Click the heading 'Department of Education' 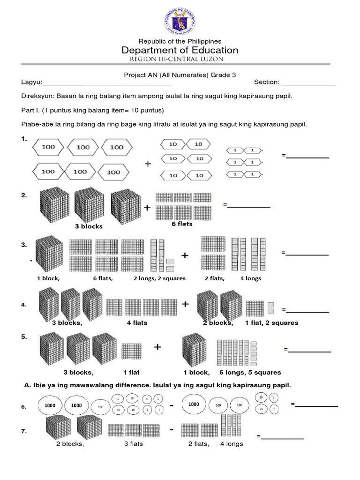[x=180, y=50]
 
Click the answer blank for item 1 [x=307, y=156]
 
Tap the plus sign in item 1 [x=148, y=164]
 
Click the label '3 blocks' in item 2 [x=89, y=226]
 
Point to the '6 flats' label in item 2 [x=182, y=224]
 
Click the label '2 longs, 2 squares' [x=159, y=278]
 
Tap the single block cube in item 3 [x=49, y=254]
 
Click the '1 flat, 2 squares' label [x=271, y=323]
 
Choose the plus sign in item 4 [x=185, y=304]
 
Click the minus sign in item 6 [x=172, y=406]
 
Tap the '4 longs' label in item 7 [x=232, y=444]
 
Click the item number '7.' [x=24, y=430]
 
